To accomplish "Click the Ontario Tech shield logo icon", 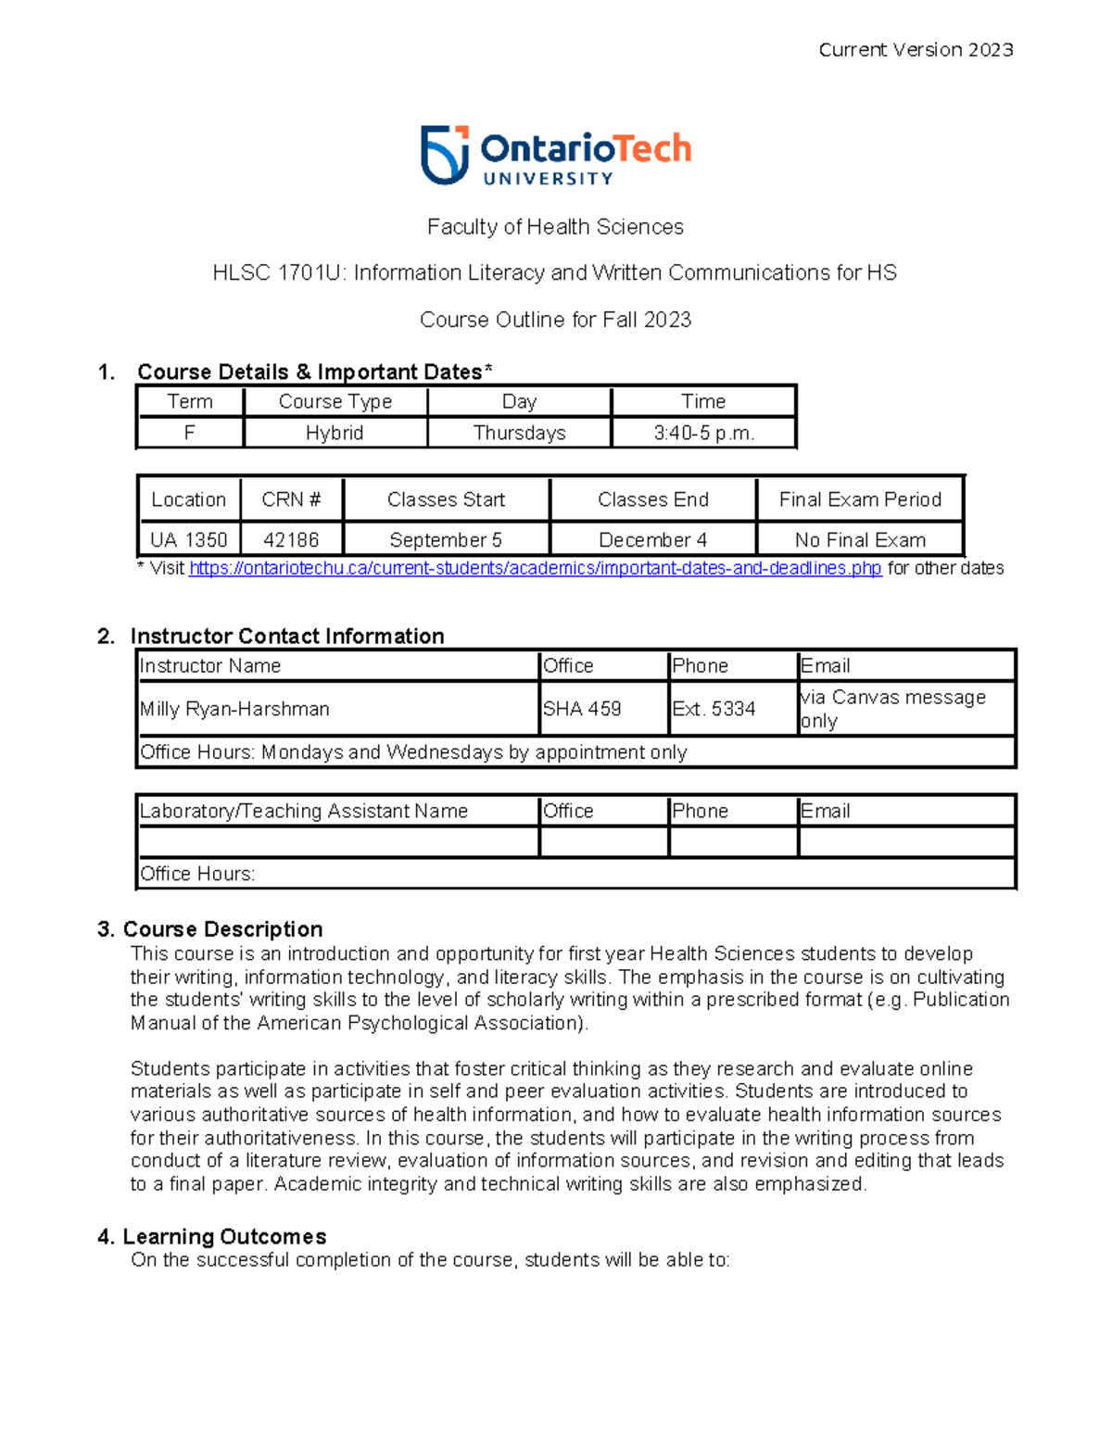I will click(x=444, y=155).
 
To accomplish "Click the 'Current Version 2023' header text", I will click(x=916, y=50).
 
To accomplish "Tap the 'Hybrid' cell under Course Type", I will click(x=335, y=433).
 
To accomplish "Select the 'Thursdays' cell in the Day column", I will click(x=519, y=433).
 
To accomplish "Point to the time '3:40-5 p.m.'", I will click(x=703, y=433).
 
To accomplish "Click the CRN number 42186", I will click(x=291, y=539).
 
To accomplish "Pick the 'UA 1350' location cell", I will click(x=189, y=539).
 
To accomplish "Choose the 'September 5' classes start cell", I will click(x=446, y=539).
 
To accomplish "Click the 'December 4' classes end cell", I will click(x=652, y=539).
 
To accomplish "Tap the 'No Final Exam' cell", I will click(x=860, y=539).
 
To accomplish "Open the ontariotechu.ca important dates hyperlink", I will click(x=535, y=568).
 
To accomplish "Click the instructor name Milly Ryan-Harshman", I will click(x=234, y=709).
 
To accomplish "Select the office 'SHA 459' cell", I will click(x=582, y=709).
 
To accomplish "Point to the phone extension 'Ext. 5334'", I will click(x=714, y=709).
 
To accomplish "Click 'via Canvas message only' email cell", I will click(x=892, y=709).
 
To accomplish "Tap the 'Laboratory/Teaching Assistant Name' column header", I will click(x=304, y=811).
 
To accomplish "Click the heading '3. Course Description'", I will click(x=210, y=929).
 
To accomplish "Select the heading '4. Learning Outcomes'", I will click(x=212, y=1237).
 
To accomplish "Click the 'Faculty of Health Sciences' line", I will click(x=555, y=227).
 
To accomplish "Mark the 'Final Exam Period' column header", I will click(x=860, y=499).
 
